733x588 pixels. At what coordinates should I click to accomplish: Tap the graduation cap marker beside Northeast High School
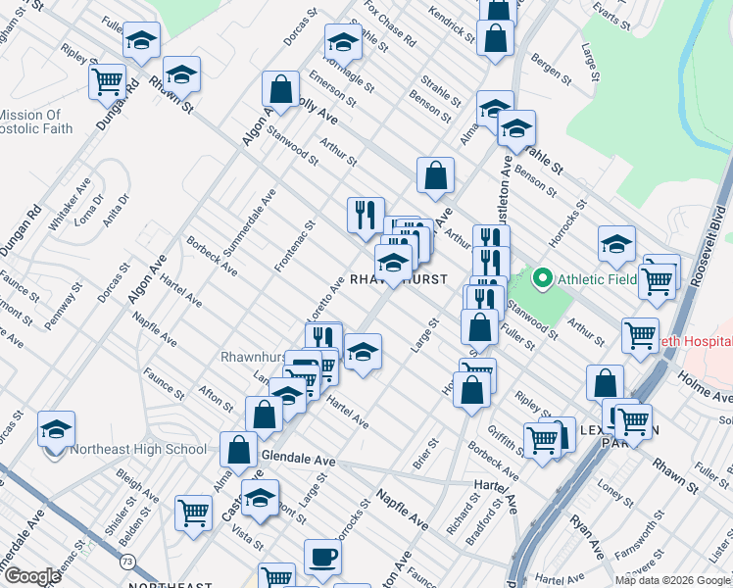coord(55,428)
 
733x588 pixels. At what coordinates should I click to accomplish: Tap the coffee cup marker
coord(322,558)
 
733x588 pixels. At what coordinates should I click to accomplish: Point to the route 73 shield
coord(128,561)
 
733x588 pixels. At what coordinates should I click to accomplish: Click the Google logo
coord(31,576)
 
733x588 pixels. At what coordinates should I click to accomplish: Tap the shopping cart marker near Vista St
coord(193,512)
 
